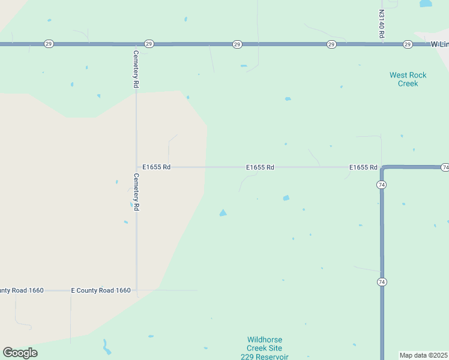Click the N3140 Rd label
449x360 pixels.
coord(381,24)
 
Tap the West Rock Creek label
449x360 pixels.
coord(408,79)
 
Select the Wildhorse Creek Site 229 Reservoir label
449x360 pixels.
coord(265,348)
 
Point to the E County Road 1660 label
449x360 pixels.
coord(101,290)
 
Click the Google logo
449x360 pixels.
coord(20,353)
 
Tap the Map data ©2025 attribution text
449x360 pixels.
coord(423,355)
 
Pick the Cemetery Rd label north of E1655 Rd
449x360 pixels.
coord(136,69)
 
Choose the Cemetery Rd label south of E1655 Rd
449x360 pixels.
coord(136,191)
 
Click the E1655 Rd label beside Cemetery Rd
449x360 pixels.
coord(157,167)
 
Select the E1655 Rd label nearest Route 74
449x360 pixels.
coord(363,167)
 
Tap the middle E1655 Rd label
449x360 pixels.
coord(260,167)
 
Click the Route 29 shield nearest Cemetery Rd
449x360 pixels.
coord(149,44)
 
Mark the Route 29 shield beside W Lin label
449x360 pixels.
coord(408,44)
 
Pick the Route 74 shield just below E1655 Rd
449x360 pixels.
coord(382,185)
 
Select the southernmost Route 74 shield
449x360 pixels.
coord(382,281)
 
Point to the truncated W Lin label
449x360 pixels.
coord(439,44)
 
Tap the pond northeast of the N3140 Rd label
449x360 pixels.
coord(426,4)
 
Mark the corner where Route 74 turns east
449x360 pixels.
coord(382,167)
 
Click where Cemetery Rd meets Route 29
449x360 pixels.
coord(136,44)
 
